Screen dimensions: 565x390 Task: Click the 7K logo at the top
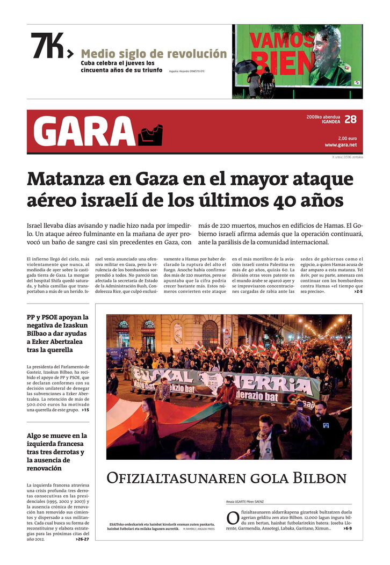pos(48,46)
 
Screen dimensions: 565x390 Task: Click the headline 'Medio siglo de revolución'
pos(154,54)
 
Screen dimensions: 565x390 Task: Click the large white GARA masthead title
pos(84,132)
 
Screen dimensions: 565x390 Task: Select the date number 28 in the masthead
pos(350,119)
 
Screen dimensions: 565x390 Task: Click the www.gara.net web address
pos(341,145)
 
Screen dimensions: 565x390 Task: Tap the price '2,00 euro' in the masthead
pos(347,138)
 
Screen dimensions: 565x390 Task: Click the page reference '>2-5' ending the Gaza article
pos(358,291)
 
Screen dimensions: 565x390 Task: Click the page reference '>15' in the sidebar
pos(85,410)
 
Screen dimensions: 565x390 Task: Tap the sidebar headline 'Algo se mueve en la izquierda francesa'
pos(57,452)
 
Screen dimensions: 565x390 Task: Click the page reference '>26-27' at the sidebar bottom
pos(82,539)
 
